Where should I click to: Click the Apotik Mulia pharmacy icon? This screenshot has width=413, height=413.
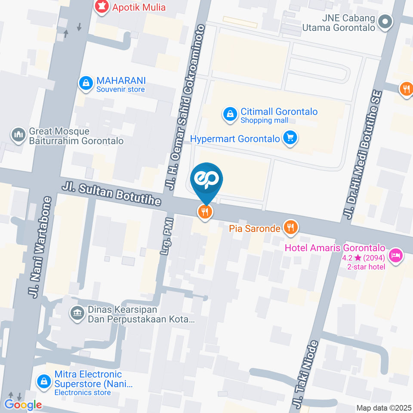click(102, 7)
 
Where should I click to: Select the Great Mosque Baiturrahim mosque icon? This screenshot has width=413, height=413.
click(18, 135)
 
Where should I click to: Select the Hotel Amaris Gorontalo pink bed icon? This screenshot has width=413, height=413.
click(395, 256)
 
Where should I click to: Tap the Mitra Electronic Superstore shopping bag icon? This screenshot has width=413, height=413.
click(43, 381)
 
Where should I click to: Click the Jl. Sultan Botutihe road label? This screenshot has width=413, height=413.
click(111, 194)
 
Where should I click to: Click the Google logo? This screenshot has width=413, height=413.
click(23, 404)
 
